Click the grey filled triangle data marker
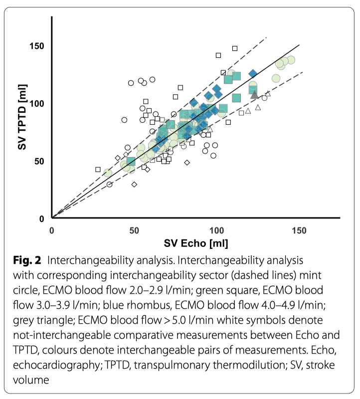point(255,94)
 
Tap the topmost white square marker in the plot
point(235,48)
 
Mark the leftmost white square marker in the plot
point(98,170)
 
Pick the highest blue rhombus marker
point(253,74)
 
